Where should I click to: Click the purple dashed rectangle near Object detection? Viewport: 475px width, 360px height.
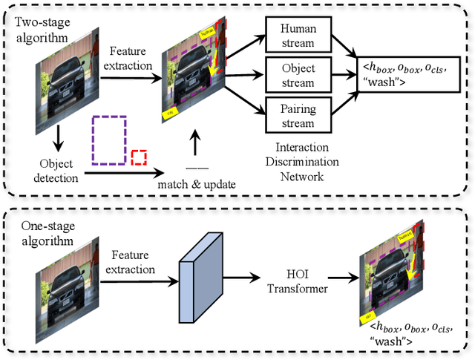pyautogui.click(x=109, y=140)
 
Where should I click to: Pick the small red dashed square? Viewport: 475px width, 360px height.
pyautogui.click(x=139, y=157)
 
